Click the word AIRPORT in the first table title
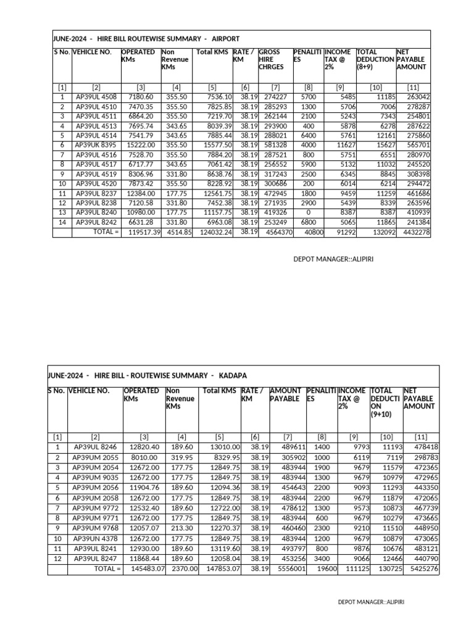coord(225,38)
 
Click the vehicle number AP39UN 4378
coord(96,538)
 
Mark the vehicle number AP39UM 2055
coord(96,459)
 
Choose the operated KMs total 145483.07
coord(144,568)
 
